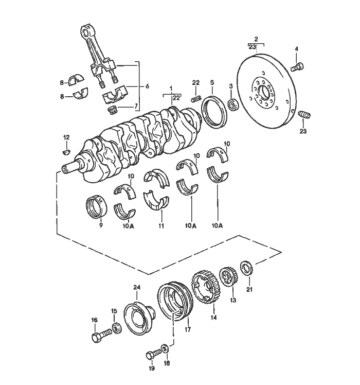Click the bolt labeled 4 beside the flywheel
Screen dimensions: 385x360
click(x=298, y=66)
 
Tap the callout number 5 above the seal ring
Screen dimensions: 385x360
click(x=212, y=82)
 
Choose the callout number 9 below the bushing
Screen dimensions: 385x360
click(x=101, y=224)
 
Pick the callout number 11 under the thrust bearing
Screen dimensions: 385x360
click(x=161, y=225)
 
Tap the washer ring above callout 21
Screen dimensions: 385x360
click(x=246, y=268)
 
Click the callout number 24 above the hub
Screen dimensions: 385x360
click(x=137, y=287)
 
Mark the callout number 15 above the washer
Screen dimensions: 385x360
click(x=114, y=311)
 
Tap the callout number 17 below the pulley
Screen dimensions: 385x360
click(x=188, y=327)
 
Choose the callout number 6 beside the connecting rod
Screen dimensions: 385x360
click(x=147, y=86)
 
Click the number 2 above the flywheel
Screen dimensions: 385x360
click(x=256, y=39)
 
